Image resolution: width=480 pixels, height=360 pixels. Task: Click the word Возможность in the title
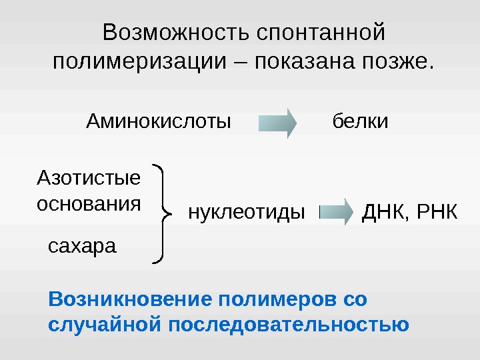(x=175, y=32)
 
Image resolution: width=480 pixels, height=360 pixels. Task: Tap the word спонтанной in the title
(x=321, y=32)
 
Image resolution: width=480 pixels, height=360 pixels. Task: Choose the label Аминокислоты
(x=159, y=122)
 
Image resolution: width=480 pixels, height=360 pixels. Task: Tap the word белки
(x=360, y=122)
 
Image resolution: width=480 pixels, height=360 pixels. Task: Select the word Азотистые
(x=88, y=178)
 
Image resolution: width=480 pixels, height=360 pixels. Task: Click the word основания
(x=88, y=203)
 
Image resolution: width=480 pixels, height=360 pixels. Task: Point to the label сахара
(x=82, y=246)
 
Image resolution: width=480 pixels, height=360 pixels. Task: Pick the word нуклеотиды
(x=246, y=213)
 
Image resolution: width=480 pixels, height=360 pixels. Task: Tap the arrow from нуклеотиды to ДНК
(x=337, y=212)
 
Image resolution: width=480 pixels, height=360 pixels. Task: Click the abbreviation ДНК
(x=383, y=213)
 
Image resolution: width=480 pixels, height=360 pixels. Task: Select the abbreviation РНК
(x=437, y=213)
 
